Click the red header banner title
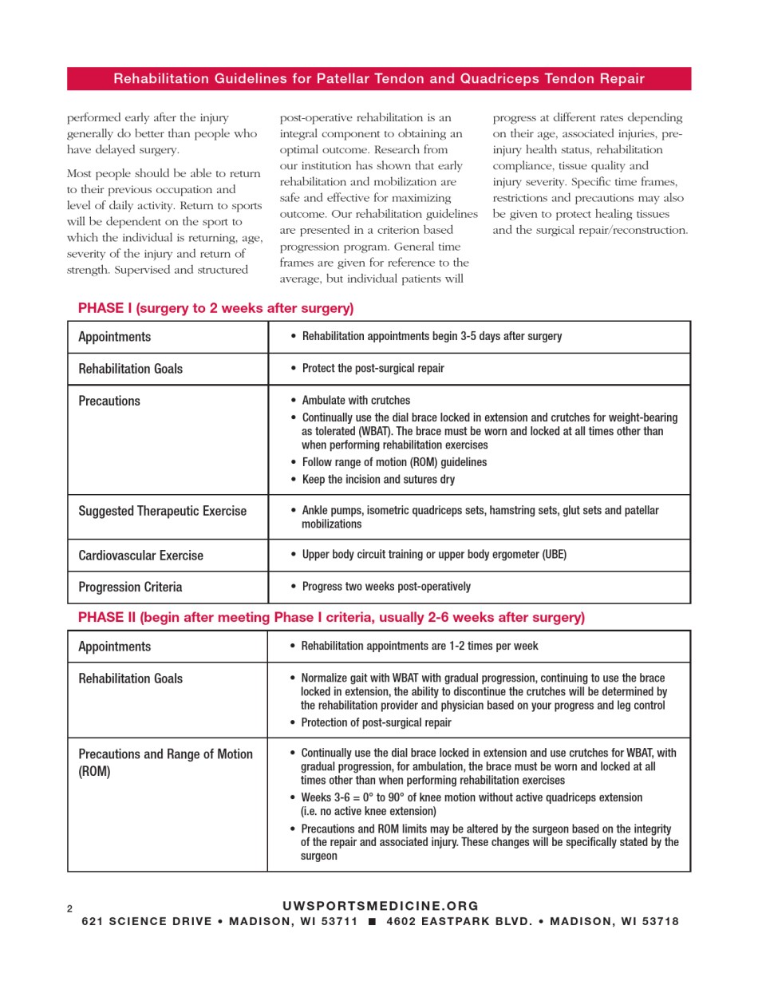(x=379, y=78)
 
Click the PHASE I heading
(x=215, y=308)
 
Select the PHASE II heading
(x=331, y=617)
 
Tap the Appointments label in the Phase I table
(x=114, y=337)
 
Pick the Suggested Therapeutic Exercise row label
(x=162, y=511)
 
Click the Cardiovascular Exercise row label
(x=140, y=556)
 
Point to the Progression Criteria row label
(x=130, y=587)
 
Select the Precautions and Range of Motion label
(x=165, y=762)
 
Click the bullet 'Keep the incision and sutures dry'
(x=378, y=480)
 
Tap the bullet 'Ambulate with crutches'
(x=356, y=401)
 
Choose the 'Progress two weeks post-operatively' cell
(x=386, y=587)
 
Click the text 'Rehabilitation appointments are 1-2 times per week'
(x=419, y=646)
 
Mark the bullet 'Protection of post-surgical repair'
(x=376, y=722)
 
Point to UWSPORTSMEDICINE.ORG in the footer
(x=381, y=906)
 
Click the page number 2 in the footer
(x=69, y=909)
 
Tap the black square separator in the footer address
(x=371, y=921)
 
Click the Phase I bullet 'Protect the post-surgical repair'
(x=373, y=369)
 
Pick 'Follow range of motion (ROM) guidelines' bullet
(x=394, y=462)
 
